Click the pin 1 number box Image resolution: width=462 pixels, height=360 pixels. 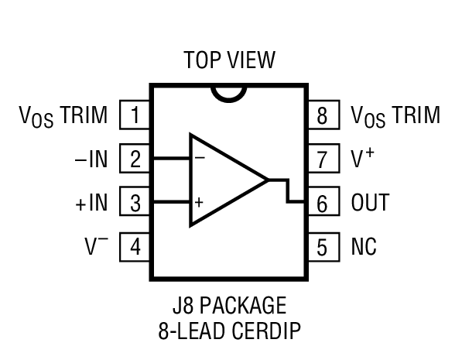point(135,116)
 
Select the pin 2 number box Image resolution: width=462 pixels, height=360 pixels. point(135,160)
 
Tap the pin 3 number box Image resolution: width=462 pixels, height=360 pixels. point(135,204)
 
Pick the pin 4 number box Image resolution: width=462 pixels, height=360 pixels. point(135,247)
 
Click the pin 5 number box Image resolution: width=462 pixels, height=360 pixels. point(323,247)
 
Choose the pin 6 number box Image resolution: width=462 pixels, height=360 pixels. point(323,204)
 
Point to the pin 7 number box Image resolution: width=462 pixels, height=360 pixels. point(323,160)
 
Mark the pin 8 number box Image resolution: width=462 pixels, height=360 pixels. point(323,116)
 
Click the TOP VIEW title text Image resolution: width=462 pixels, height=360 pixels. point(229,60)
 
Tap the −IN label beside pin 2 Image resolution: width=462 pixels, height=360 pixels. point(91,160)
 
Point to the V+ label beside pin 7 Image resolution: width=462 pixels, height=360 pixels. point(362,159)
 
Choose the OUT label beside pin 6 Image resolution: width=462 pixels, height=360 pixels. point(369,204)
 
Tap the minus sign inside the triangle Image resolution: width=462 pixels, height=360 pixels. point(199,157)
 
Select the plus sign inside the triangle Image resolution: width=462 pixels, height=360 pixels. point(199,204)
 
